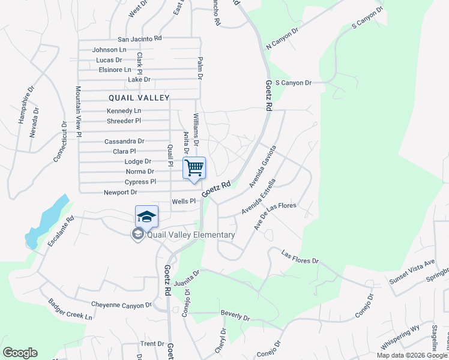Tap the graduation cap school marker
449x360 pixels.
pyautogui.click(x=146, y=216)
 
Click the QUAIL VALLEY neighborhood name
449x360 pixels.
pyautogui.click(x=139, y=97)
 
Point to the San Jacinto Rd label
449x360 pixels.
pyautogui.click(x=140, y=38)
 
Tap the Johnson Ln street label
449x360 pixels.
pyautogui.click(x=109, y=50)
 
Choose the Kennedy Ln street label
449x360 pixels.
pyautogui.click(x=124, y=111)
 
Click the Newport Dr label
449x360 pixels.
pyautogui.click(x=121, y=193)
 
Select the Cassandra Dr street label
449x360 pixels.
pyautogui.click(x=124, y=142)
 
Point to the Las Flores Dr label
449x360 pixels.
pyautogui.click(x=300, y=257)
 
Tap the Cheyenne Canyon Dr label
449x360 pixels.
pyautogui.click(x=121, y=305)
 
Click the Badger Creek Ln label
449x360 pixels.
pyautogui.click(x=71, y=310)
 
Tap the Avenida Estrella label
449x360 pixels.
pyautogui.click(x=259, y=196)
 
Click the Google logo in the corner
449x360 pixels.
pyautogui.click(x=20, y=353)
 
